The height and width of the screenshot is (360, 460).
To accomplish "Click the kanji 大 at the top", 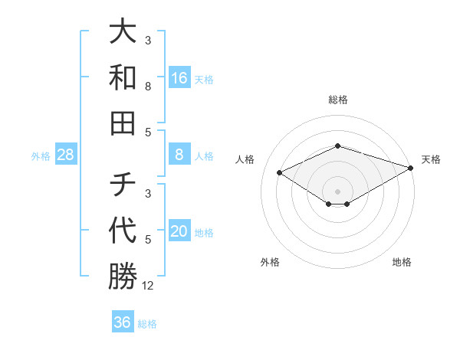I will [123, 32].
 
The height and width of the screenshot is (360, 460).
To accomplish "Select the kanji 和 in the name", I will [123, 77].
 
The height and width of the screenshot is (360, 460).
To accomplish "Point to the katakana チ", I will [123, 185].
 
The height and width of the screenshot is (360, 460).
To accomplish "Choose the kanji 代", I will [123, 230].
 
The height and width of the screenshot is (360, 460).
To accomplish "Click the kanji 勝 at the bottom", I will [123, 276].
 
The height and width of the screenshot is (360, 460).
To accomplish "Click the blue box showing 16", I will [179, 78].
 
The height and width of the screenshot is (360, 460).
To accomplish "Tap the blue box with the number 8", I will [179, 155].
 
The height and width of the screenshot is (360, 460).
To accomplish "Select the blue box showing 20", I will [179, 232].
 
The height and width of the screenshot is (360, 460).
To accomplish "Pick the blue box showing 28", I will [66, 155].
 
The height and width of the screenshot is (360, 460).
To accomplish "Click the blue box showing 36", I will [123, 322].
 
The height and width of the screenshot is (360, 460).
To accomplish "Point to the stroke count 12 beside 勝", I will [148, 286].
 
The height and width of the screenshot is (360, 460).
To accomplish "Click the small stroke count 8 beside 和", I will [148, 87].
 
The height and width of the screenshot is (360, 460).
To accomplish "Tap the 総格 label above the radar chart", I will [338, 100].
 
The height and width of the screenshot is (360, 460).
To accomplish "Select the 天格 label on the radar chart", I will [431, 159].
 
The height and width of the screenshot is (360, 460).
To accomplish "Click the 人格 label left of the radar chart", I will [245, 159].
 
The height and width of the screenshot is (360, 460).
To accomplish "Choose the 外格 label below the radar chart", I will [270, 262].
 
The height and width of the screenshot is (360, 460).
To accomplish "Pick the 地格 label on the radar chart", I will [402, 262].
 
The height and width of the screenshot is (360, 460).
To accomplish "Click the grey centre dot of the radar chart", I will [338, 191].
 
